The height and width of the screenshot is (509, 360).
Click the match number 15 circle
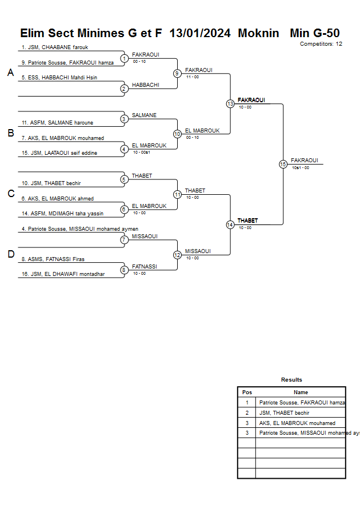[x=283, y=164]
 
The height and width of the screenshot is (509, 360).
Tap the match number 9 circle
[x=177, y=73]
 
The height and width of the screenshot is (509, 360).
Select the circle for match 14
[x=230, y=225]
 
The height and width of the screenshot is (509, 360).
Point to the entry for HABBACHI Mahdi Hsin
[x=63, y=78]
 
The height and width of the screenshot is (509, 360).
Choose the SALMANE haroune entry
[x=57, y=123]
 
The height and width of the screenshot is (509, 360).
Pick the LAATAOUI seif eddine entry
[x=59, y=153]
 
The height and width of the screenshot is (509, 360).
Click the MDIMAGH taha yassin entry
[x=62, y=214]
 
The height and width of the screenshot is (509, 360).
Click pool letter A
[x=10, y=73]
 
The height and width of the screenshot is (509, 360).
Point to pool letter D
[x=10, y=254]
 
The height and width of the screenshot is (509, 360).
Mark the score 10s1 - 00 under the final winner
[x=300, y=168]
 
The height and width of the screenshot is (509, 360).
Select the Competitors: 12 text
[x=321, y=44]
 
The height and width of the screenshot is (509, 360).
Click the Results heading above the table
[x=291, y=380]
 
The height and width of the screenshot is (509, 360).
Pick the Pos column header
[x=247, y=392]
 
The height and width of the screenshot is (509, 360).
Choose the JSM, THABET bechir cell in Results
[x=284, y=413]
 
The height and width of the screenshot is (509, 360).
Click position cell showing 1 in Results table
[x=247, y=403]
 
